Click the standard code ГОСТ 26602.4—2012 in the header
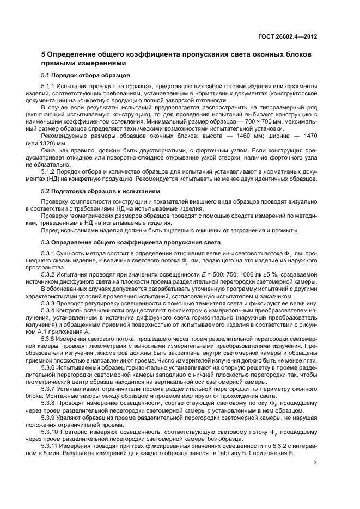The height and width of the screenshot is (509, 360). pyautogui.click(x=289, y=38)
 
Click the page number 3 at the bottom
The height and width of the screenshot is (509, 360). pyautogui.click(x=315, y=464)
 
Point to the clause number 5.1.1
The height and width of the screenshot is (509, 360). pyautogui.click(x=51, y=87)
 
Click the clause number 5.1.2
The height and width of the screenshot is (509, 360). pyautogui.click(x=51, y=172)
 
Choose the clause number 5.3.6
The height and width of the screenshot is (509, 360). pyautogui.click(x=51, y=367)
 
